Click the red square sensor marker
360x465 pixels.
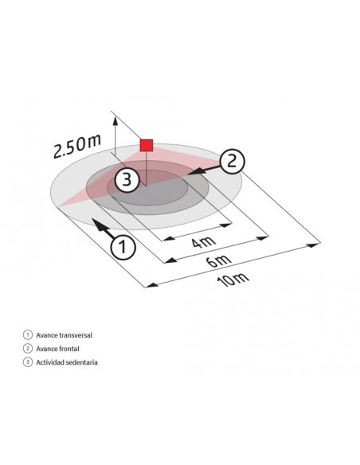pos(147,145)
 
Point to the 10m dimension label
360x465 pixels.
pos(233,279)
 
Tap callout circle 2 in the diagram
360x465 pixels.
pos(232,161)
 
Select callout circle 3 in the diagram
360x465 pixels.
pos(126,180)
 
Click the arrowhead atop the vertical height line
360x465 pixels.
pos(116,121)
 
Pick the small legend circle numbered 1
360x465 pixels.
pos(27,335)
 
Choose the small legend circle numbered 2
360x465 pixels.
pos(27,349)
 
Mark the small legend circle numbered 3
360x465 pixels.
pos(27,362)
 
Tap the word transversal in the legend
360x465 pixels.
pos(74,335)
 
